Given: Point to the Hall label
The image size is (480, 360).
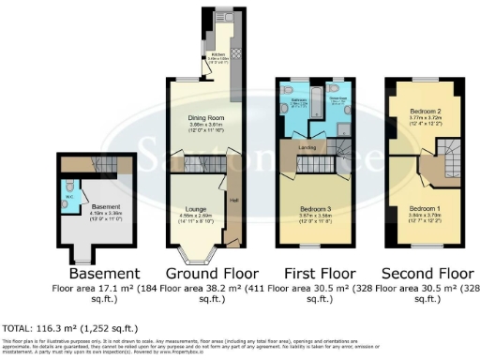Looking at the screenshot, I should [232, 200].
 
